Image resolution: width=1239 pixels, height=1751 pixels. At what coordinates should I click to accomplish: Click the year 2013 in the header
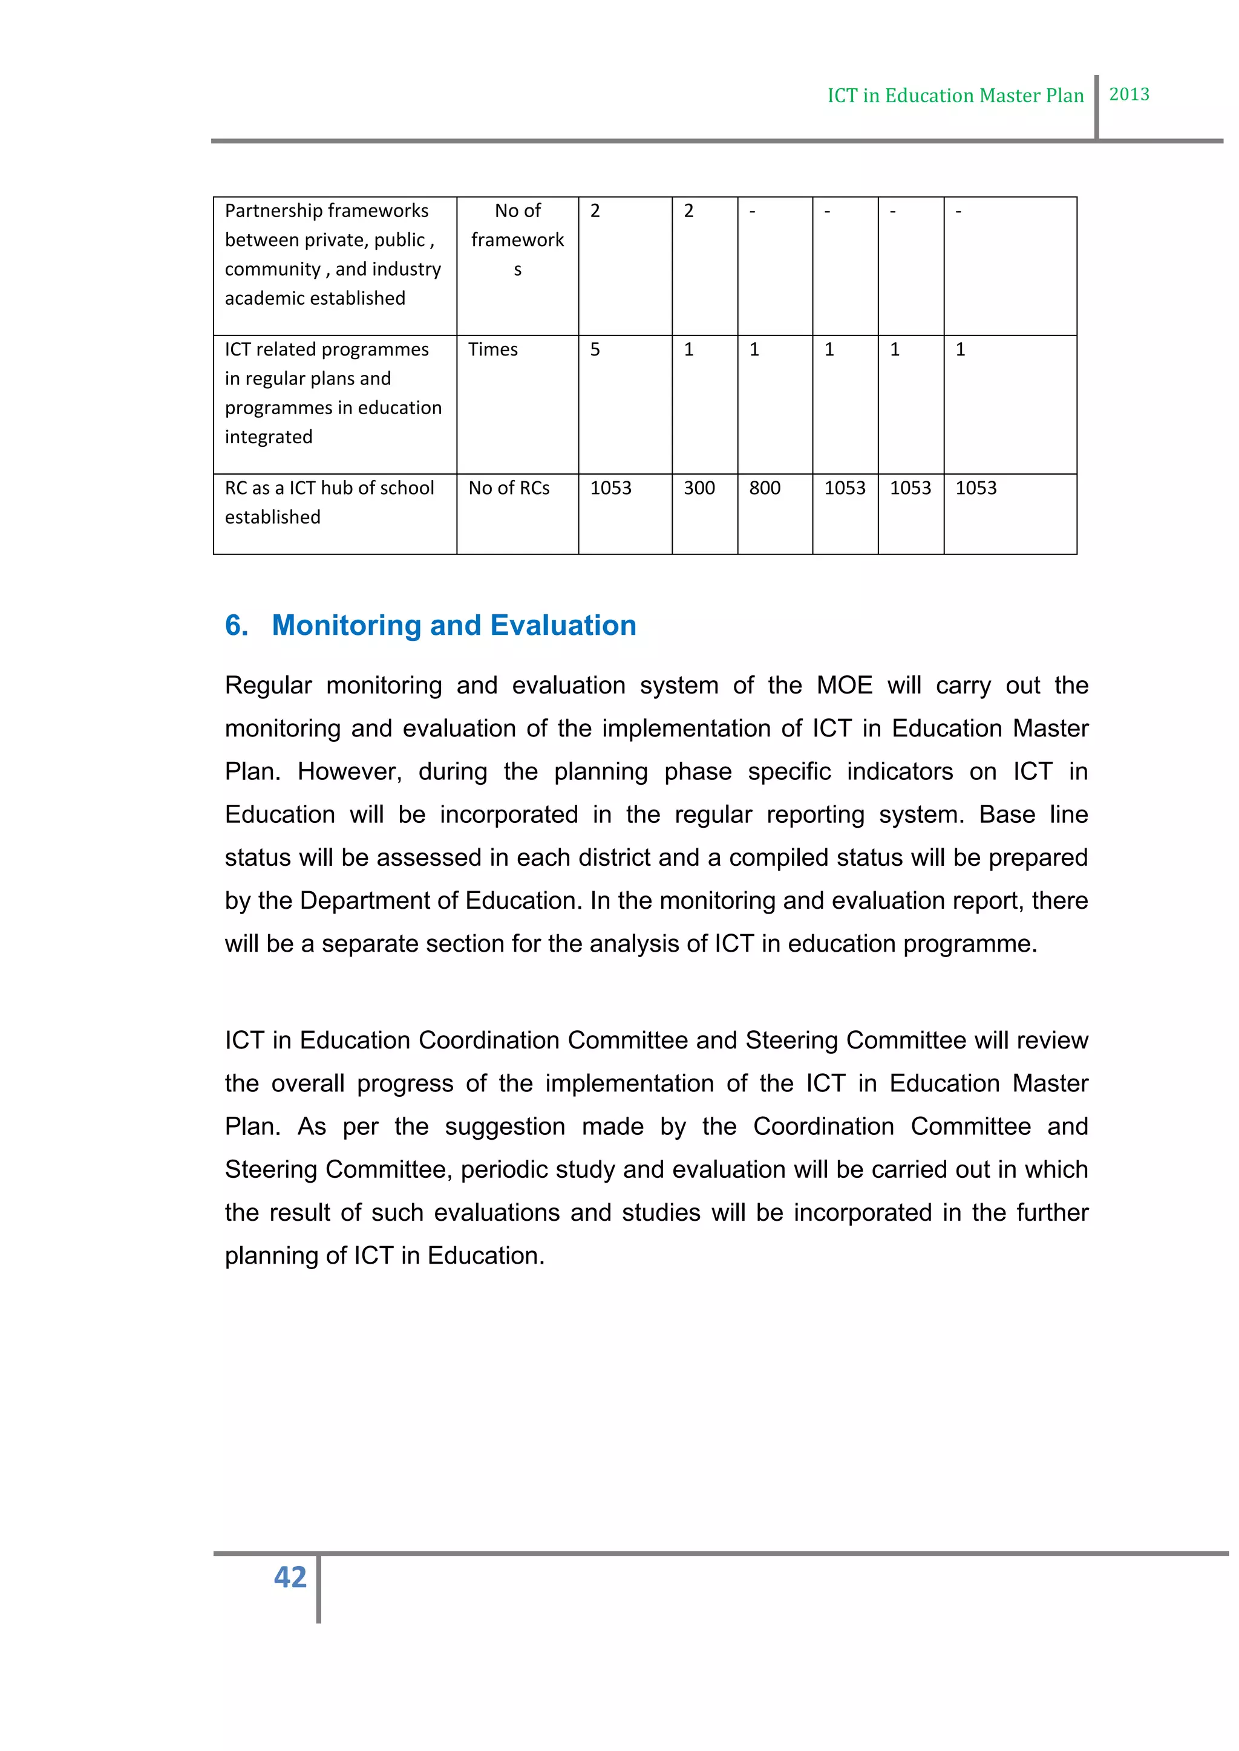pos(1128,94)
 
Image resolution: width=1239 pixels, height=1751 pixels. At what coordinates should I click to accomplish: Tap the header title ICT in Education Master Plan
pos(955,96)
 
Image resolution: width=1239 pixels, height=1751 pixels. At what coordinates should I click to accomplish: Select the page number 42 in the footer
pos(290,1576)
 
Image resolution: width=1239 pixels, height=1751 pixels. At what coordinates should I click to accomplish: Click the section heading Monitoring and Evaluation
pos(453,625)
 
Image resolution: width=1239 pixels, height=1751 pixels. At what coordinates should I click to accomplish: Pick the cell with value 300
pos(699,488)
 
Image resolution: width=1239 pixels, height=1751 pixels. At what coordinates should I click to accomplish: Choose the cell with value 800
pos(765,488)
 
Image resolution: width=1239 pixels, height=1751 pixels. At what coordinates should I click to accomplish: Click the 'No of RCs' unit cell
pos(509,488)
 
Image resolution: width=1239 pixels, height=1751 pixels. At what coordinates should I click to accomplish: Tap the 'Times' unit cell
pos(493,349)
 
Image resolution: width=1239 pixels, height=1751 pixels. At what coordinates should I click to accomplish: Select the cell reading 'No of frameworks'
pos(517,239)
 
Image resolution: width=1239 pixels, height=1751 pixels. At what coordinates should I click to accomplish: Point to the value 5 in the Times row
pos(595,349)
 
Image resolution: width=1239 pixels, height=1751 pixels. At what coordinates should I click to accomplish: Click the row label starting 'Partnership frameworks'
pos(333,254)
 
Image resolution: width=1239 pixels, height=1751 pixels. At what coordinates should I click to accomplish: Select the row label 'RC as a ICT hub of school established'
pos(330,502)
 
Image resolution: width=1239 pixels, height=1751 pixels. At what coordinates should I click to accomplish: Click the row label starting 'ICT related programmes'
pos(333,393)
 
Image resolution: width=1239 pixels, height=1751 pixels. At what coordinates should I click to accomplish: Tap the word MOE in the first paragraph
pos(844,686)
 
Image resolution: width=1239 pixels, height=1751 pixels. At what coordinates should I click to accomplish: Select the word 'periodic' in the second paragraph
pos(506,1169)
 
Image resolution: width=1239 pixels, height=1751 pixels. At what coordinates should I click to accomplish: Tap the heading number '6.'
pos(237,625)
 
